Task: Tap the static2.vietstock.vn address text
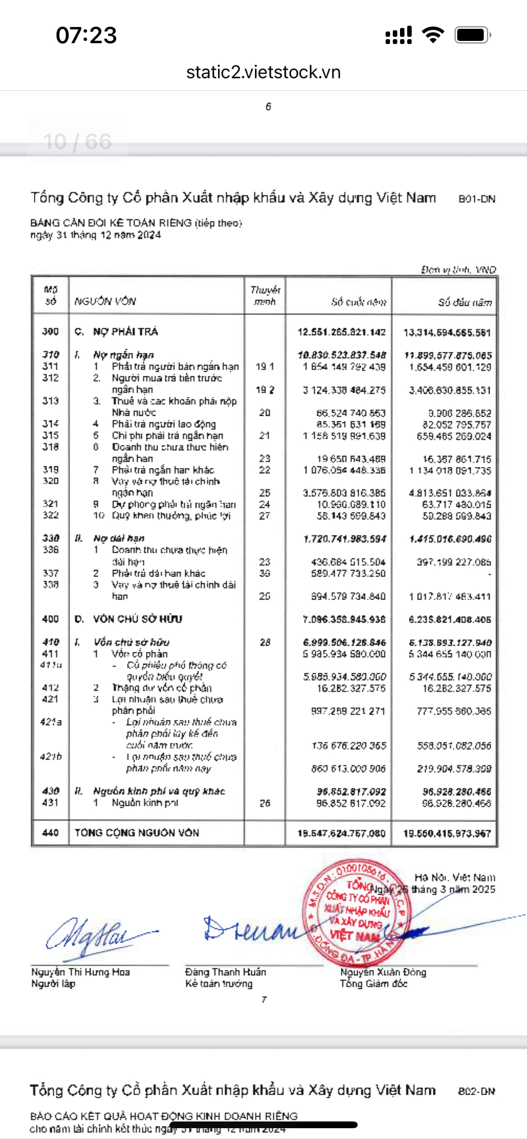[x=263, y=72]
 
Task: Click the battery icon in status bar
[x=472, y=35]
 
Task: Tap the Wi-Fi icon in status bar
[x=433, y=35]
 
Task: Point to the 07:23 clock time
[x=86, y=35]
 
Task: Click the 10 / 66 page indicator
[x=77, y=142]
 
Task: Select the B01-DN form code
[x=477, y=199]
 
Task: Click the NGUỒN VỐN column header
[x=105, y=301]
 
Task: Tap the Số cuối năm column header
[x=359, y=302]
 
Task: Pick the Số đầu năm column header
[x=465, y=302]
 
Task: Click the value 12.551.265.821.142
[x=341, y=332]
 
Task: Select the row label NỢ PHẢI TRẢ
[x=125, y=332]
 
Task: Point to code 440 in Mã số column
[x=50, y=833]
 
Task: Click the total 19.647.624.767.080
[x=341, y=833]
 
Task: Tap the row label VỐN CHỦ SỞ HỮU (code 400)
[x=137, y=619]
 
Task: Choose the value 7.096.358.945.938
[x=344, y=619]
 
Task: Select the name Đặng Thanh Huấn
[x=226, y=972]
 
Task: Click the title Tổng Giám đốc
[x=373, y=984]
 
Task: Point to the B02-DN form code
[x=477, y=1091]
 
